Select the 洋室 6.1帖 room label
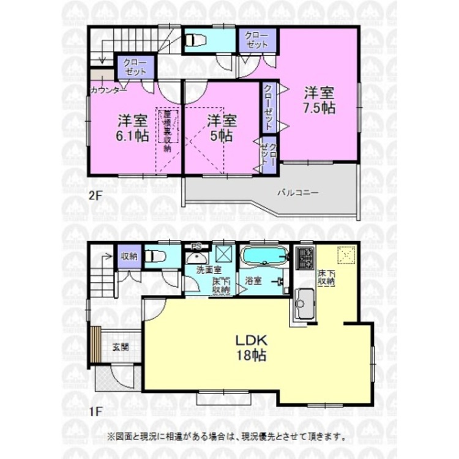coord(132,127)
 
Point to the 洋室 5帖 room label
coord(221,127)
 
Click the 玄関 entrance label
coord(121,347)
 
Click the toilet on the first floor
coord(157,256)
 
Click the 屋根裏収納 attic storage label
coord(168,131)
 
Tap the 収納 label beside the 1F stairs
coord(129,256)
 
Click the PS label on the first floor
coord(197,247)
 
